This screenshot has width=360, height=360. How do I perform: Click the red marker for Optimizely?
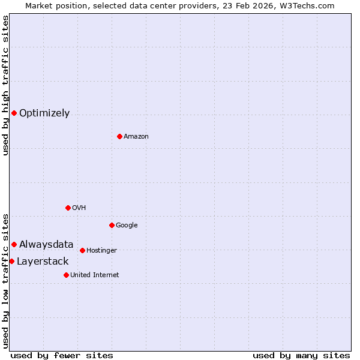[14, 113]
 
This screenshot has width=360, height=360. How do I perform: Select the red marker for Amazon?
[119, 136]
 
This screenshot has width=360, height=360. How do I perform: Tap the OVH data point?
[68, 208]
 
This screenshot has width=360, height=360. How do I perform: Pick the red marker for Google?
[112, 225]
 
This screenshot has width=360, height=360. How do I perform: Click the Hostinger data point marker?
[82, 250]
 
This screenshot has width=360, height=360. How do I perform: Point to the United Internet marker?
[66, 275]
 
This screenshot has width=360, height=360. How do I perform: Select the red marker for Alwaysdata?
[14, 244]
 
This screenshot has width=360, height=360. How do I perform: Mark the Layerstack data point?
[11, 261]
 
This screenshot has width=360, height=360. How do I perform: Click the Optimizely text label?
[44, 113]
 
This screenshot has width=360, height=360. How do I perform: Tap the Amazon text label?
[136, 137]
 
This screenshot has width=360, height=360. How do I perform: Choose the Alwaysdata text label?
[46, 244]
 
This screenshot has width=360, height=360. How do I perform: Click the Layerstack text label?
[43, 262]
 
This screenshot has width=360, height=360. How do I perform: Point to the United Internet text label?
[95, 275]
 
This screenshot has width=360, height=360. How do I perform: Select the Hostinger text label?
[101, 251]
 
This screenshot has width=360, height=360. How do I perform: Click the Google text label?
[127, 226]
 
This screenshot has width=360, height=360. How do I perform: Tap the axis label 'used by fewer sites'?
[62, 355]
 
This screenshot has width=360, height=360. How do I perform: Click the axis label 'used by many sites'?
[301, 355]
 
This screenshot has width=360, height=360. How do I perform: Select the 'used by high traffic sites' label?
[5, 85]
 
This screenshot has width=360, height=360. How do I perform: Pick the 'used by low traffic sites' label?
[5, 280]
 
